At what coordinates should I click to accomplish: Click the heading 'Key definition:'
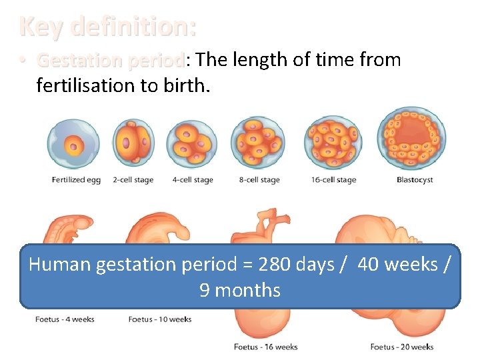click(108, 27)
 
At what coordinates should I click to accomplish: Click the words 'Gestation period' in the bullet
click(110, 61)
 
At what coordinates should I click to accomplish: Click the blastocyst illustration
click(411, 138)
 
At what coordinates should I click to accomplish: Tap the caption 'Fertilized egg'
click(76, 180)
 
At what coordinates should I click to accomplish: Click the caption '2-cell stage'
click(134, 180)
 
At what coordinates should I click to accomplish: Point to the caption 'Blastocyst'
click(415, 180)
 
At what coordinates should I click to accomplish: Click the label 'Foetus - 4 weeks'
click(65, 319)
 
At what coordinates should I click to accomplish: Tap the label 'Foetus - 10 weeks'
click(160, 319)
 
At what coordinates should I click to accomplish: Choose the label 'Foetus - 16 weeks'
click(265, 347)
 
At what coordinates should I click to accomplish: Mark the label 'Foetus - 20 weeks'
click(402, 347)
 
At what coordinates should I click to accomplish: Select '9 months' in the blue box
click(240, 291)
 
